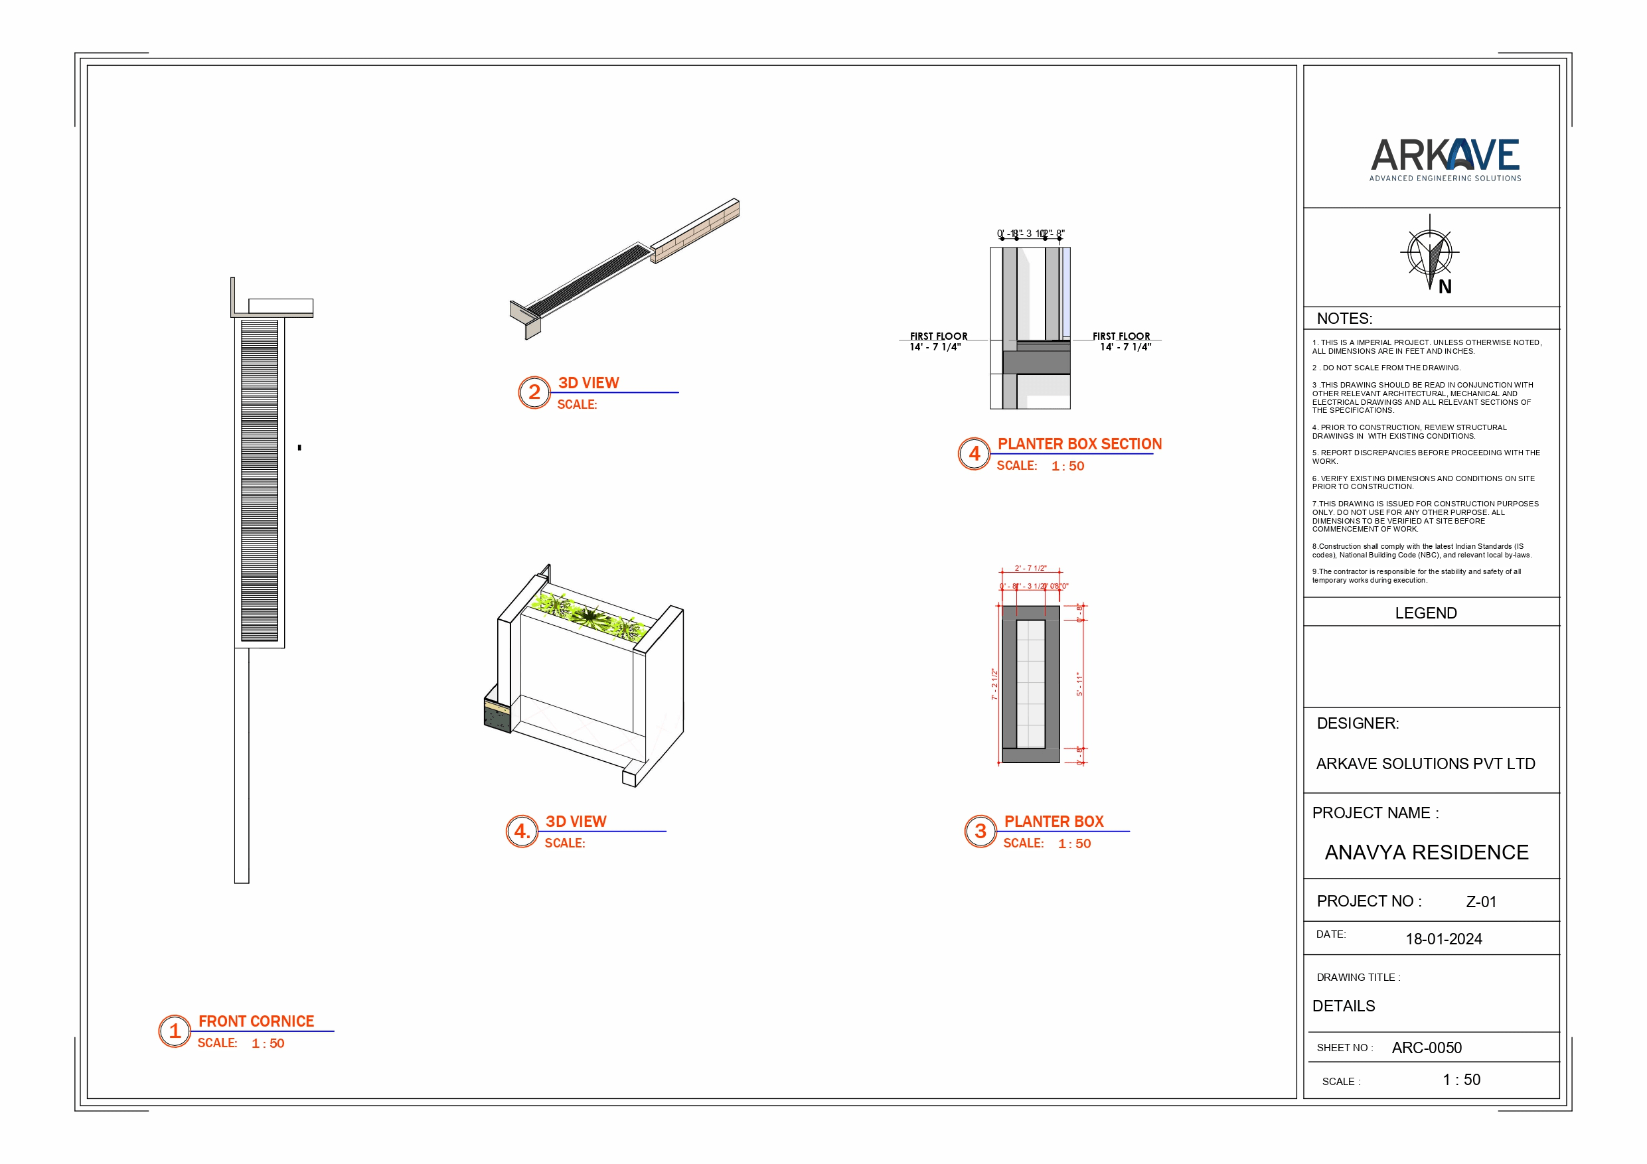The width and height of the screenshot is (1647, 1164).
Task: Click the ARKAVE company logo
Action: [1445, 159]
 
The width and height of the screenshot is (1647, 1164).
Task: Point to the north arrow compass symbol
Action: [1430, 253]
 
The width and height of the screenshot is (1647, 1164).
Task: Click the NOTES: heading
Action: [1344, 319]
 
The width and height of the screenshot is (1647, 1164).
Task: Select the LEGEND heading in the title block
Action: [1425, 613]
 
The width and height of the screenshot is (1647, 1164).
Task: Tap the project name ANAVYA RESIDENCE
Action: [1426, 852]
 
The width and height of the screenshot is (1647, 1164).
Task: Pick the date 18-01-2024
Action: [1443, 939]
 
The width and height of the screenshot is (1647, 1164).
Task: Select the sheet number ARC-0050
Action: [1426, 1048]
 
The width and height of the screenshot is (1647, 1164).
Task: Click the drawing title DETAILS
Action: [1343, 1005]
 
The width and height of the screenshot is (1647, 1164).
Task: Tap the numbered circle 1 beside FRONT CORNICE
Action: [175, 1031]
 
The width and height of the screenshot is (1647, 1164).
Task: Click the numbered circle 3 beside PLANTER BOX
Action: [980, 832]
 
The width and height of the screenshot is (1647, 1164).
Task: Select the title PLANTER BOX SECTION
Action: [1079, 444]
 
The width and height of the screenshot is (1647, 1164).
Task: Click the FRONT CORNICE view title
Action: [256, 1021]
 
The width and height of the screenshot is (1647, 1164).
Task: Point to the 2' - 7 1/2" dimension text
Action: [1030, 568]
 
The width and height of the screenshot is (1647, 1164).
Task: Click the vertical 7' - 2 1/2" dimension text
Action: [994, 684]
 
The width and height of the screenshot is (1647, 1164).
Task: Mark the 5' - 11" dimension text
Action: [1079, 684]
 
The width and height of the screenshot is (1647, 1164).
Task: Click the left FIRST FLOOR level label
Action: [937, 336]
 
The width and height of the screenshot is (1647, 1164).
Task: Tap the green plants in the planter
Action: [589, 615]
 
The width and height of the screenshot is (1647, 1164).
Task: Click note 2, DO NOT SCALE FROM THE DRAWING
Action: [1386, 368]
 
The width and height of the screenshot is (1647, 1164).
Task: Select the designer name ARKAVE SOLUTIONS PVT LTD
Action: [1425, 764]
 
